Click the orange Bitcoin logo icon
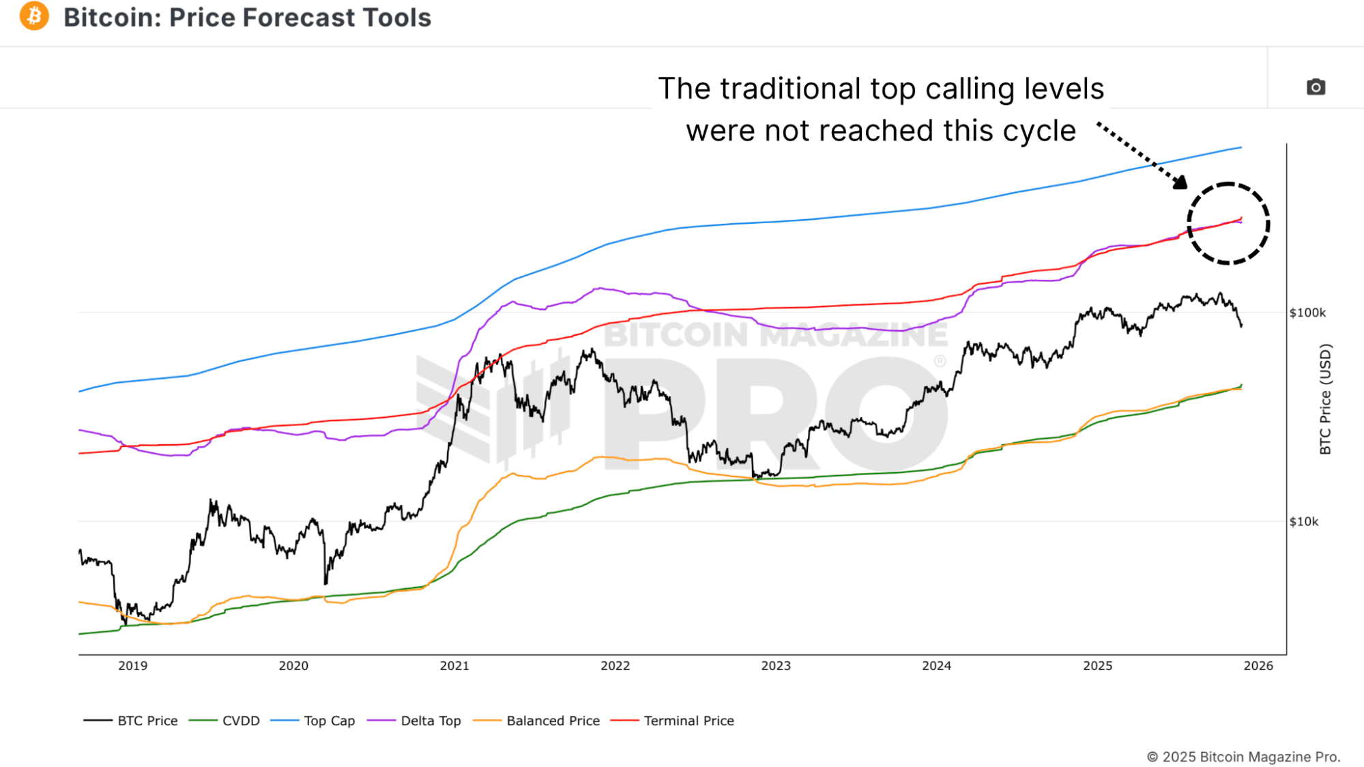(x=34, y=16)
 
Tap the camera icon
(x=1316, y=87)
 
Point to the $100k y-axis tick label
(x=1307, y=313)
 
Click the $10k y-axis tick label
(x=1304, y=521)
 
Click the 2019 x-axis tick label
(x=132, y=666)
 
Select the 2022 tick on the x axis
(x=615, y=666)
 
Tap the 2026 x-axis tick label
(x=1258, y=666)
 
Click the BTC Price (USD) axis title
(x=1325, y=399)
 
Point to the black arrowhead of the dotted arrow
(x=1180, y=182)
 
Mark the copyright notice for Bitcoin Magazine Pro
(x=1243, y=757)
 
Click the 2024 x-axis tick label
(x=936, y=666)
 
